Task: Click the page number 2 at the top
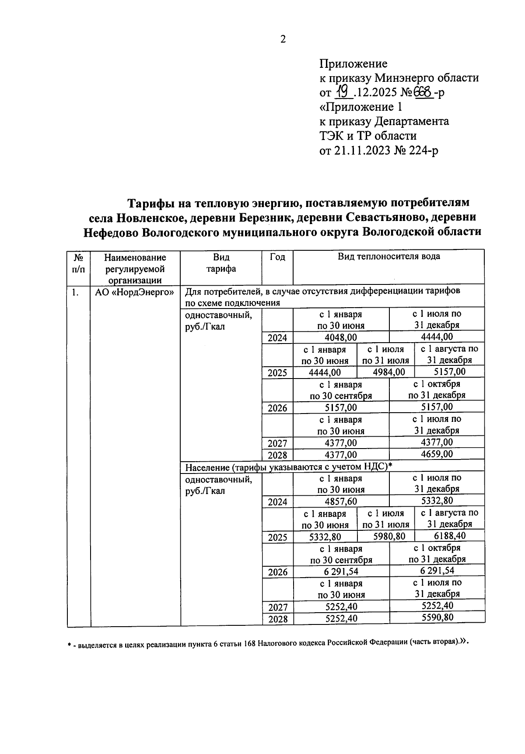coord(283,39)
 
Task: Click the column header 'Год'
coord(277,257)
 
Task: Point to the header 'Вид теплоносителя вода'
coord(388,256)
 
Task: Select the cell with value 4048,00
coord(341,337)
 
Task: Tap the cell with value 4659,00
coord(437,454)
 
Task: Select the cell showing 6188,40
coord(450,536)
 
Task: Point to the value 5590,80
coord(437,618)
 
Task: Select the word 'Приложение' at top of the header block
coord(353,64)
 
